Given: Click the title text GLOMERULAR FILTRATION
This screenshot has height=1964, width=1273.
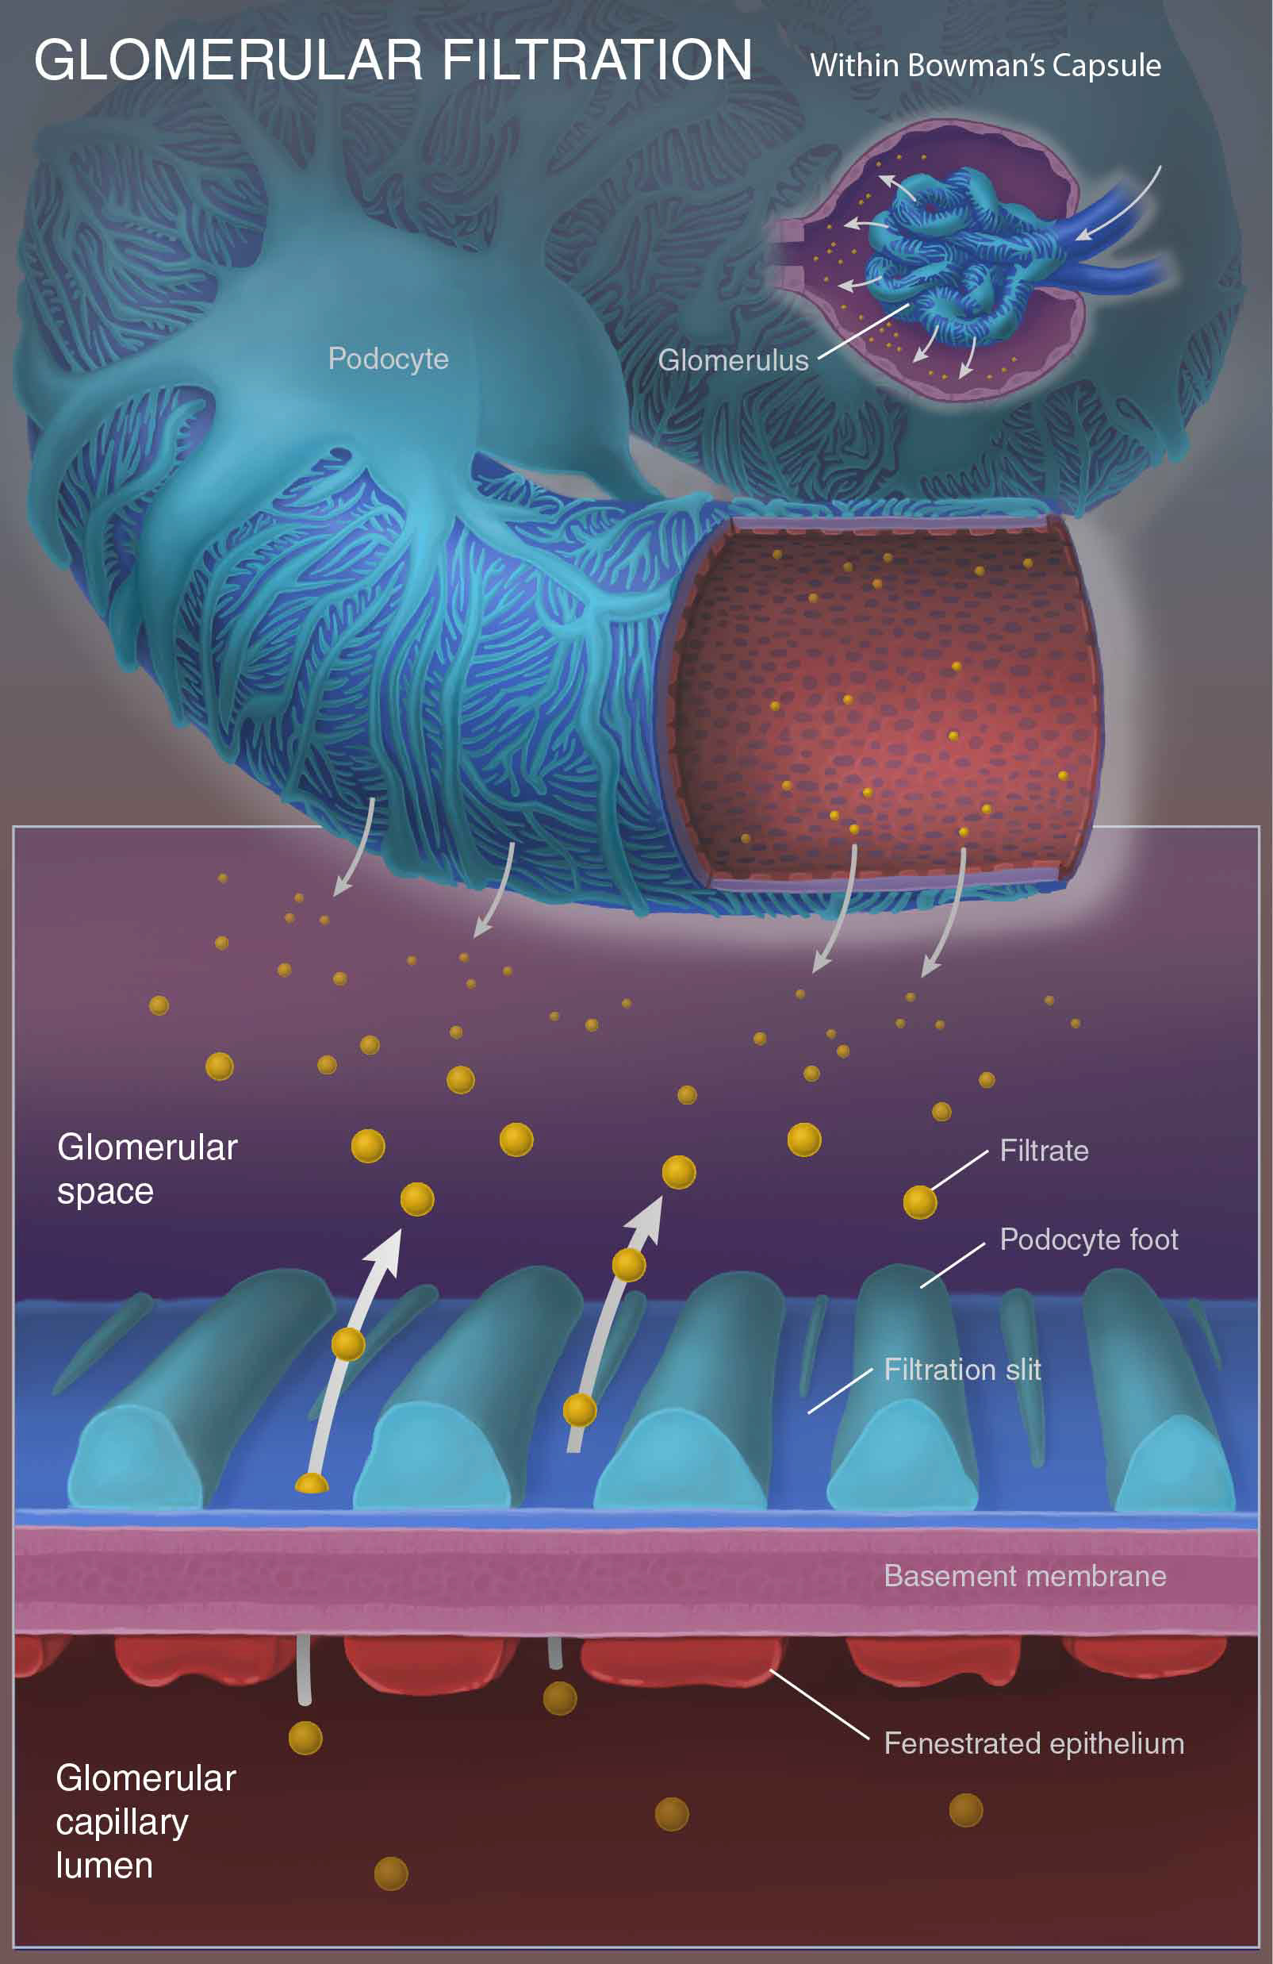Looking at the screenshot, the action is (393, 60).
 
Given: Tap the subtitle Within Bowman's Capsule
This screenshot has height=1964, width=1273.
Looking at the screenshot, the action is (985, 66).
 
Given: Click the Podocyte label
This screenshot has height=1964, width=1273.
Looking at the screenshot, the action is (388, 359).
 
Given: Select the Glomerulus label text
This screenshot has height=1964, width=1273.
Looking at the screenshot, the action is (733, 360).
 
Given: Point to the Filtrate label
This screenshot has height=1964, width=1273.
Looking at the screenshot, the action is (1044, 1151).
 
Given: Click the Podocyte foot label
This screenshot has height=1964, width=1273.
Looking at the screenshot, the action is (1088, 1240).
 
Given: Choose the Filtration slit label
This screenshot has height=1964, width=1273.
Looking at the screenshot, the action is (962, 1370).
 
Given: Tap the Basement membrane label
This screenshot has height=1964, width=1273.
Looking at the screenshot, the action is (1025, 1576).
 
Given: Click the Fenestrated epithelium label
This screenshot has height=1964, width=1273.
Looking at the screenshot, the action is (1033, 1743).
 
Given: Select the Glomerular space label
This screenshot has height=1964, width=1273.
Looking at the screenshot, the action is (147, 1169).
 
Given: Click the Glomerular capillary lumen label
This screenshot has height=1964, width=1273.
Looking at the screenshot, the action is (145, 1821).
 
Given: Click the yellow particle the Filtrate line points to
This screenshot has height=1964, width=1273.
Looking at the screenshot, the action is (919, 1202).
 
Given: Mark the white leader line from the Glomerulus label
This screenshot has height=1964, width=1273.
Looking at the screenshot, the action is (862, 332).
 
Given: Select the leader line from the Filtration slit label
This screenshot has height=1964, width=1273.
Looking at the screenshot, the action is (839, 1390).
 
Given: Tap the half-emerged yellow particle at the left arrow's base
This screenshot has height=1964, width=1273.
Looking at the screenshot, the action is (312, 1485).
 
